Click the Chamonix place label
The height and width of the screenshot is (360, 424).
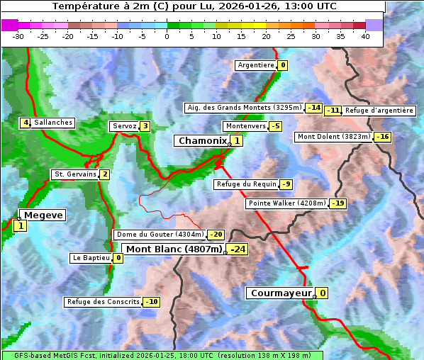click(x=202, y=141)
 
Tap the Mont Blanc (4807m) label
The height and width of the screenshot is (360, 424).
click(x=174, y=249)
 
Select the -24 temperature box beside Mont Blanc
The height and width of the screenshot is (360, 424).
click(x=237, y=249)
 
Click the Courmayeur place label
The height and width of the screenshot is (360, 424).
click(x=281, y=293)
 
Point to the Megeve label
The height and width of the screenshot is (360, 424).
click(x=43, y=215)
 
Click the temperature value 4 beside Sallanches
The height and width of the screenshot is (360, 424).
click(x=25, y=123)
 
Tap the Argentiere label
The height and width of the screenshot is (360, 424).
click(x=256, y=65)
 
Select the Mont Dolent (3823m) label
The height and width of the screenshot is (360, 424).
click(x=334, y=137)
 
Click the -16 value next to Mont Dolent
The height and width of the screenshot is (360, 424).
click(x=383, y=137)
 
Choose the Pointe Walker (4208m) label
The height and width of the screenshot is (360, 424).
click(x=286, y=203)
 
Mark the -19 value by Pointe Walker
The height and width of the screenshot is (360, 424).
click(x=338, y=203)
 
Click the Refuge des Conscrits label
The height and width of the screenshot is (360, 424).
click(x=103, y=302)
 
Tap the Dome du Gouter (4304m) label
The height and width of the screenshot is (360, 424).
click(x=160, y=235)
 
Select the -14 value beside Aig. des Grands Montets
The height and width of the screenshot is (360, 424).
click(x=314, y=108)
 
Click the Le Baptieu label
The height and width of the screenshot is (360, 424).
click(x=91, y=258)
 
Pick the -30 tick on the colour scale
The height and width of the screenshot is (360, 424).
click(x=18, y=35)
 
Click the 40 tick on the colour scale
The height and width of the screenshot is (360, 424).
click(x=365, y=35)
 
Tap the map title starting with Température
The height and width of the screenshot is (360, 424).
click(x=194, y=6)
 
